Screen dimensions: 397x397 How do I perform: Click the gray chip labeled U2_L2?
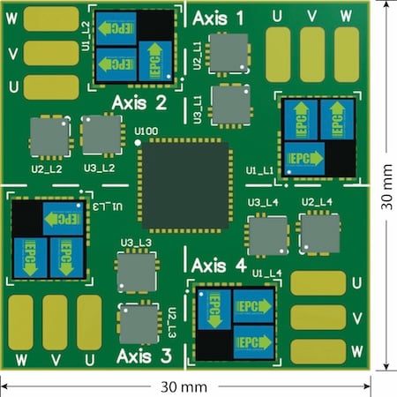(x=49, y=137)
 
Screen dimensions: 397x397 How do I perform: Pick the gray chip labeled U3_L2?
(x=101, y=136)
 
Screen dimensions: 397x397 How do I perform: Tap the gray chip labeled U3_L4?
(x=266, y=236)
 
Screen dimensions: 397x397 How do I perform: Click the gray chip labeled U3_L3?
(x=136, y=273)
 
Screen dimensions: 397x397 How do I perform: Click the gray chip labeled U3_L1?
(x=230, y=105)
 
